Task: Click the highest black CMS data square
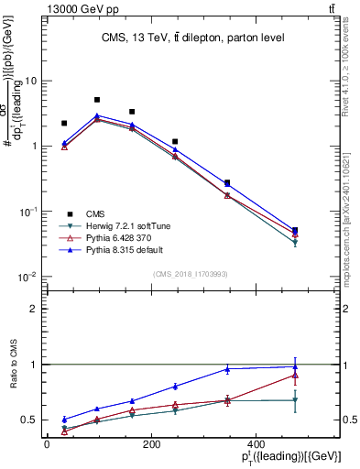(x=97, y=100)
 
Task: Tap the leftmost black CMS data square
(x=64, y=123)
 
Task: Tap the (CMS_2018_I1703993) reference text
(x=191, y=274)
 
